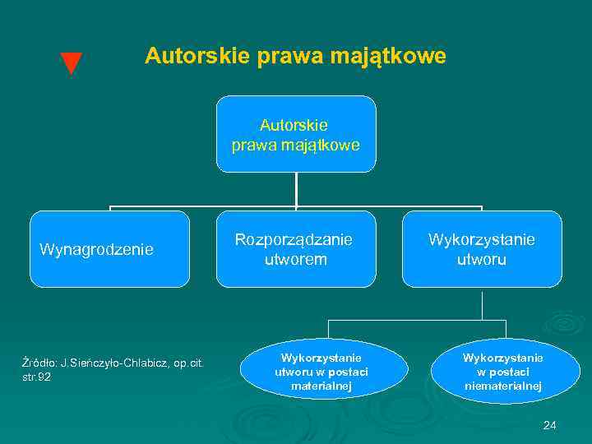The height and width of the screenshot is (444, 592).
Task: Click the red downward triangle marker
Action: tap(72, 63)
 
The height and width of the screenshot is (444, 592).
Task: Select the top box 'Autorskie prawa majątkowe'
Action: tap(296, 134)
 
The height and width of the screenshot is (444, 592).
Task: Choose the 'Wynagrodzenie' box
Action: tap(109, 249)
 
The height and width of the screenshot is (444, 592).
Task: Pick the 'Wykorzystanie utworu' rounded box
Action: tap(482, 249)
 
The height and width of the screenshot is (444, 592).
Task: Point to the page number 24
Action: tap(550, 425)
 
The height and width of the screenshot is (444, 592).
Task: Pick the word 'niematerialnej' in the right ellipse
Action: tap(502, 386)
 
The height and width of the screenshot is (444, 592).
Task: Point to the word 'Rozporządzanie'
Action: tap(294, 239)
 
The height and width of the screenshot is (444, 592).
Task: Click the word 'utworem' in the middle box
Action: tap(295, 260)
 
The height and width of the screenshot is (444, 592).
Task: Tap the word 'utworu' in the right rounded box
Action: tap(482, 260)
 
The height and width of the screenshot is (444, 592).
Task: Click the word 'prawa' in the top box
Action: tap(251, 146)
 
